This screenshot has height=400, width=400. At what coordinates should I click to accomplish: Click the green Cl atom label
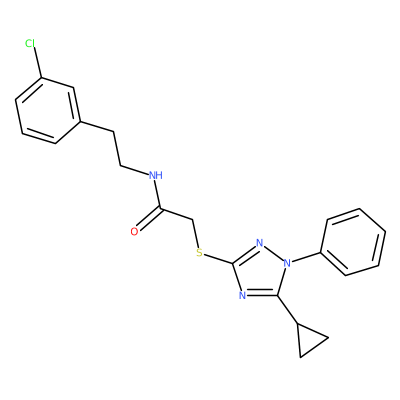[30, 43]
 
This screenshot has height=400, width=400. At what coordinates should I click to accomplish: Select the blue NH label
[156, 175]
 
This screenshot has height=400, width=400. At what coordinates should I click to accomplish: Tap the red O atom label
[134, 232]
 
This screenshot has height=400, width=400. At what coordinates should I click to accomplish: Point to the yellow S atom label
[199, 253]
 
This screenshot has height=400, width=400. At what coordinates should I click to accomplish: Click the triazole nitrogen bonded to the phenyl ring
[287, 264]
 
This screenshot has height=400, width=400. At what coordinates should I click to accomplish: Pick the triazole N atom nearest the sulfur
[260, 242]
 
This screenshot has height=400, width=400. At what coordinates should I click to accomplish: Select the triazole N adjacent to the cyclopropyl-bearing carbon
[243, 295]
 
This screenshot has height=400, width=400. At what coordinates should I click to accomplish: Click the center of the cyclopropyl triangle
[309, 340]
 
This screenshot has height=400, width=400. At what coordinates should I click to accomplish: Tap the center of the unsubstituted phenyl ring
[353, 242]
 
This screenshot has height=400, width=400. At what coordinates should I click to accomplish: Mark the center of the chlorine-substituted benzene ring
[48, 111]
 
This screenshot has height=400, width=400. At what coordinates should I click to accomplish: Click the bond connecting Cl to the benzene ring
[37, 63]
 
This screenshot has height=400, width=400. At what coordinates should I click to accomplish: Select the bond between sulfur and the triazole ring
[219, 259]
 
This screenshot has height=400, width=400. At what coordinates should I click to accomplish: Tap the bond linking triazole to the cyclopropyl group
[287, 309]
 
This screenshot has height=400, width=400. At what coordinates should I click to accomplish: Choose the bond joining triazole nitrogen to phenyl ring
[306, 258]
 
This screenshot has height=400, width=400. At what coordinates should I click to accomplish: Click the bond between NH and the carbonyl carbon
[159, 195]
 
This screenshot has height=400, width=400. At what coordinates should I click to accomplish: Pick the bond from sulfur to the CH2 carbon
[196, 234]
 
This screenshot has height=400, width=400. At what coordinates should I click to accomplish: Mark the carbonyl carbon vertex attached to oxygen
[161, 209]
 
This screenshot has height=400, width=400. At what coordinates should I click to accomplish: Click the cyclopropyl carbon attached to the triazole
[297, 323]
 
